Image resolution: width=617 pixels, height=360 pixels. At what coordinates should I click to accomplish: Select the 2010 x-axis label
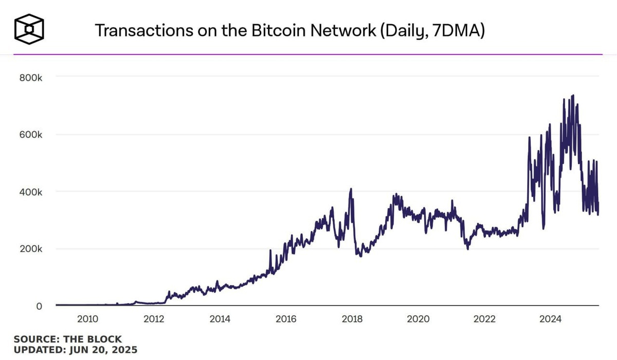pos(87,319)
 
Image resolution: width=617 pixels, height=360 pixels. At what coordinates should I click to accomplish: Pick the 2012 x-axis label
pos(154,319)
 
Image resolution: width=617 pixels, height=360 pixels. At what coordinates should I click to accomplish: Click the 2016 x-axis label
pos(286,319)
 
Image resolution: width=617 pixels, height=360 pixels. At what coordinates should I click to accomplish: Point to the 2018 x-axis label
pos(352,319)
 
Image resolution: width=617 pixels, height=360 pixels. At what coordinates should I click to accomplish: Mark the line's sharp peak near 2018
pos(351,189)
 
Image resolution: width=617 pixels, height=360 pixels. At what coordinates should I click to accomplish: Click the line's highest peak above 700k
pos(573,95)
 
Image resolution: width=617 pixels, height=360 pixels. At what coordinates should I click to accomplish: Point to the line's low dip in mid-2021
pos(468,249)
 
